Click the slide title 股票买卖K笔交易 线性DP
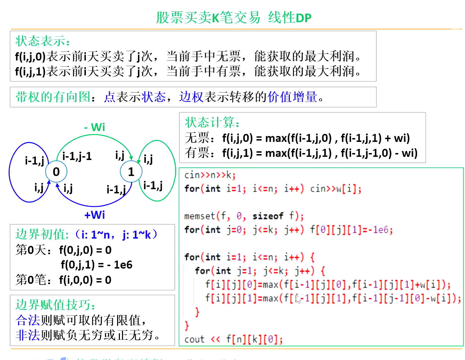coord(234,17)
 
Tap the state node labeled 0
coord(56,171)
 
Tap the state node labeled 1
coord(131,171)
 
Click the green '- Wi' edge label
coord(95,127)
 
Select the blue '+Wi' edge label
coord(95,215)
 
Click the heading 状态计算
coord(212,122)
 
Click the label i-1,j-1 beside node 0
coord(77,156)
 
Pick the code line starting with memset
coord(244,216)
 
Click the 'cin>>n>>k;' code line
coord(210,175)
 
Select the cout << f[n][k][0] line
coord(233,339)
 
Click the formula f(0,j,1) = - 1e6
coord(96,265)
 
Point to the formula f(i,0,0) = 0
coord(85,280)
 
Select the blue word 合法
coord(28,320)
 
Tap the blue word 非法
coord(28,335)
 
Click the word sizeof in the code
coord(268,216)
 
